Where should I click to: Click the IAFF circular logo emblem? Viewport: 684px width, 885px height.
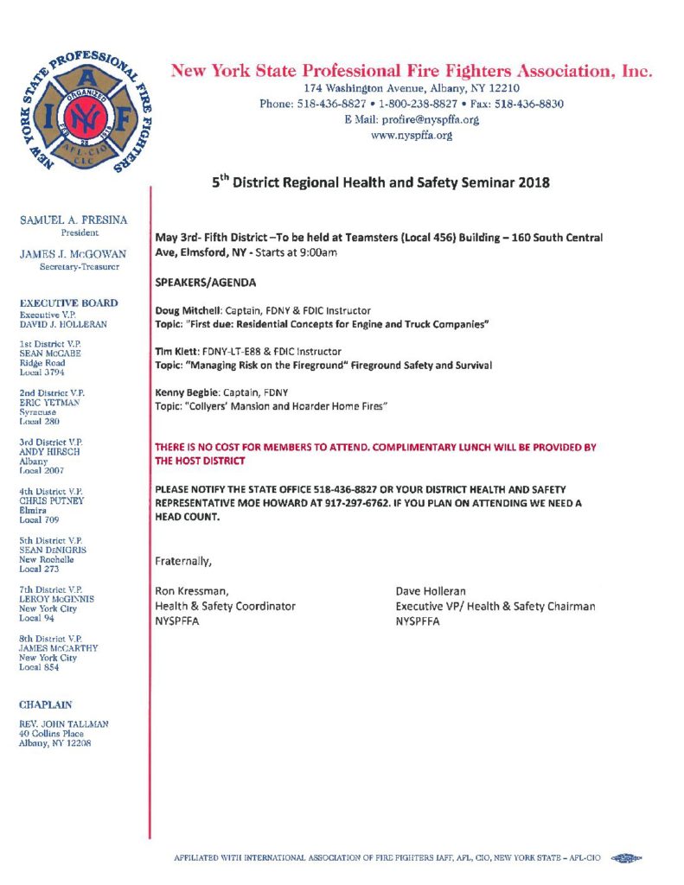point(81,113)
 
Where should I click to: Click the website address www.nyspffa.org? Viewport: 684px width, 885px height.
point(411,135)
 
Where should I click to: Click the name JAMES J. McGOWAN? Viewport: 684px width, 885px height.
point(73,254)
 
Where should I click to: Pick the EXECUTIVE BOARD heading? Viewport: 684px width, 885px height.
point(68,303)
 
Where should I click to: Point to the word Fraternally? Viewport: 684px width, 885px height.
point(182,562)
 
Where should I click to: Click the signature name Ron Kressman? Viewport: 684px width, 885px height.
point(191,591)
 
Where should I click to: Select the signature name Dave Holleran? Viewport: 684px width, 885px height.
point(431,591)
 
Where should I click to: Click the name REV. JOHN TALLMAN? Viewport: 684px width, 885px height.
point(64,723)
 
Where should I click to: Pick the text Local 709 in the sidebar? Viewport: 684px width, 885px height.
point(39,521)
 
